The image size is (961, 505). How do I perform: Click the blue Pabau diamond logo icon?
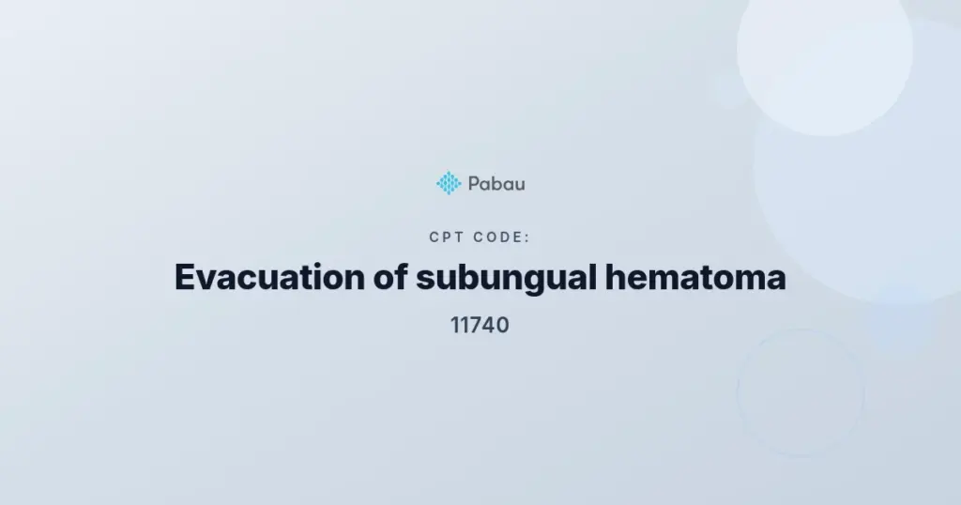(449, 183)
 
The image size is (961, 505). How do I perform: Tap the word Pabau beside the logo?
(496, 184)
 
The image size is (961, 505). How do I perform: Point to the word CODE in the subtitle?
(499, 237)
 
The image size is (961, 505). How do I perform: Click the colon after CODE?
(527, 238)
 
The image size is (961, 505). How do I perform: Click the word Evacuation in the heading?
(269, 277)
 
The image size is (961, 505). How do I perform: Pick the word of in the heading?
(390, 277)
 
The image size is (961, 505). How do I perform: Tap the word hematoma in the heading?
(695, 277)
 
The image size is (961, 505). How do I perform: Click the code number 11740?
(480, 326)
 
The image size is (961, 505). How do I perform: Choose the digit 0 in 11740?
(503, 326)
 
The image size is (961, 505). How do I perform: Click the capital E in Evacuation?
(186, 277)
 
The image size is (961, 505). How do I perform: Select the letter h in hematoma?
(616, 276)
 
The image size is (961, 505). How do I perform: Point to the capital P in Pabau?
(474, 184)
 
